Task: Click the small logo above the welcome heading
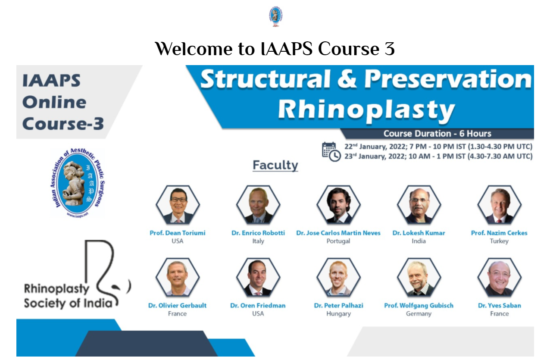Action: click(275, 16)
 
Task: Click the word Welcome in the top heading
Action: click(194, 49)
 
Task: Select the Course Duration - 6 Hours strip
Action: click(437, 134)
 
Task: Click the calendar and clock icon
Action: click(331, 151)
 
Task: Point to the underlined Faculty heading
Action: click(275, 165)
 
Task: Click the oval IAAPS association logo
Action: click(78, 183)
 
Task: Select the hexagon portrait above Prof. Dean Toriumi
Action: click(178, 204)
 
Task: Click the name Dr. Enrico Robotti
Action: click(258, 233)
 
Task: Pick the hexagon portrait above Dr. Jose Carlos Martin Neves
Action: click(339, 204)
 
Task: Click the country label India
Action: click(419, 241)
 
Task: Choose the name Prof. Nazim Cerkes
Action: click(499, 233)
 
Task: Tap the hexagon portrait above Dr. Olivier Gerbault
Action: click(178, 277)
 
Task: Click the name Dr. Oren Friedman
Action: click(258, 306)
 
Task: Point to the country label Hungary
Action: click(339, 314)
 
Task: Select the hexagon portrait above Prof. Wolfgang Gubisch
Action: click(419, 277)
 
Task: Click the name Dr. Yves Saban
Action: click(500, 306)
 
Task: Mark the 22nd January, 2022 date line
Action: click(438, 147)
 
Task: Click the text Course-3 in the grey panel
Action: click(63, 123)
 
